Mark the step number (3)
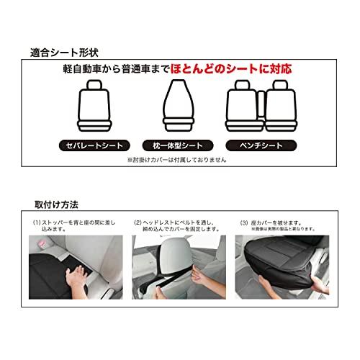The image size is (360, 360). coord(240,222)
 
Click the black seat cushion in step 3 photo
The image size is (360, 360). coord(277,277)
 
